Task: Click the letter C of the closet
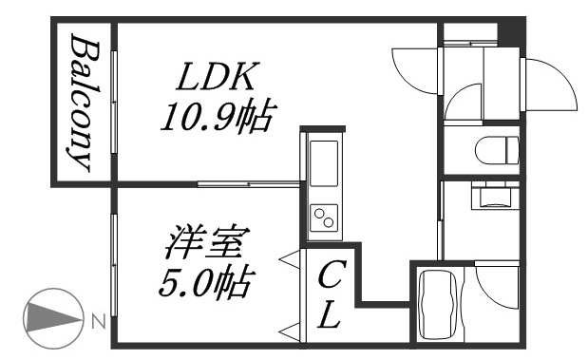329,278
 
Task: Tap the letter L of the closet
329,317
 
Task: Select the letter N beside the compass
98,322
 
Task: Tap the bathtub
439,304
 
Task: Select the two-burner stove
323,217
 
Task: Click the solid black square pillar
510,30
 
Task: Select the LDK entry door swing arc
414,67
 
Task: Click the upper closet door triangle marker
285,257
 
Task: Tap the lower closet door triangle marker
285,330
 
